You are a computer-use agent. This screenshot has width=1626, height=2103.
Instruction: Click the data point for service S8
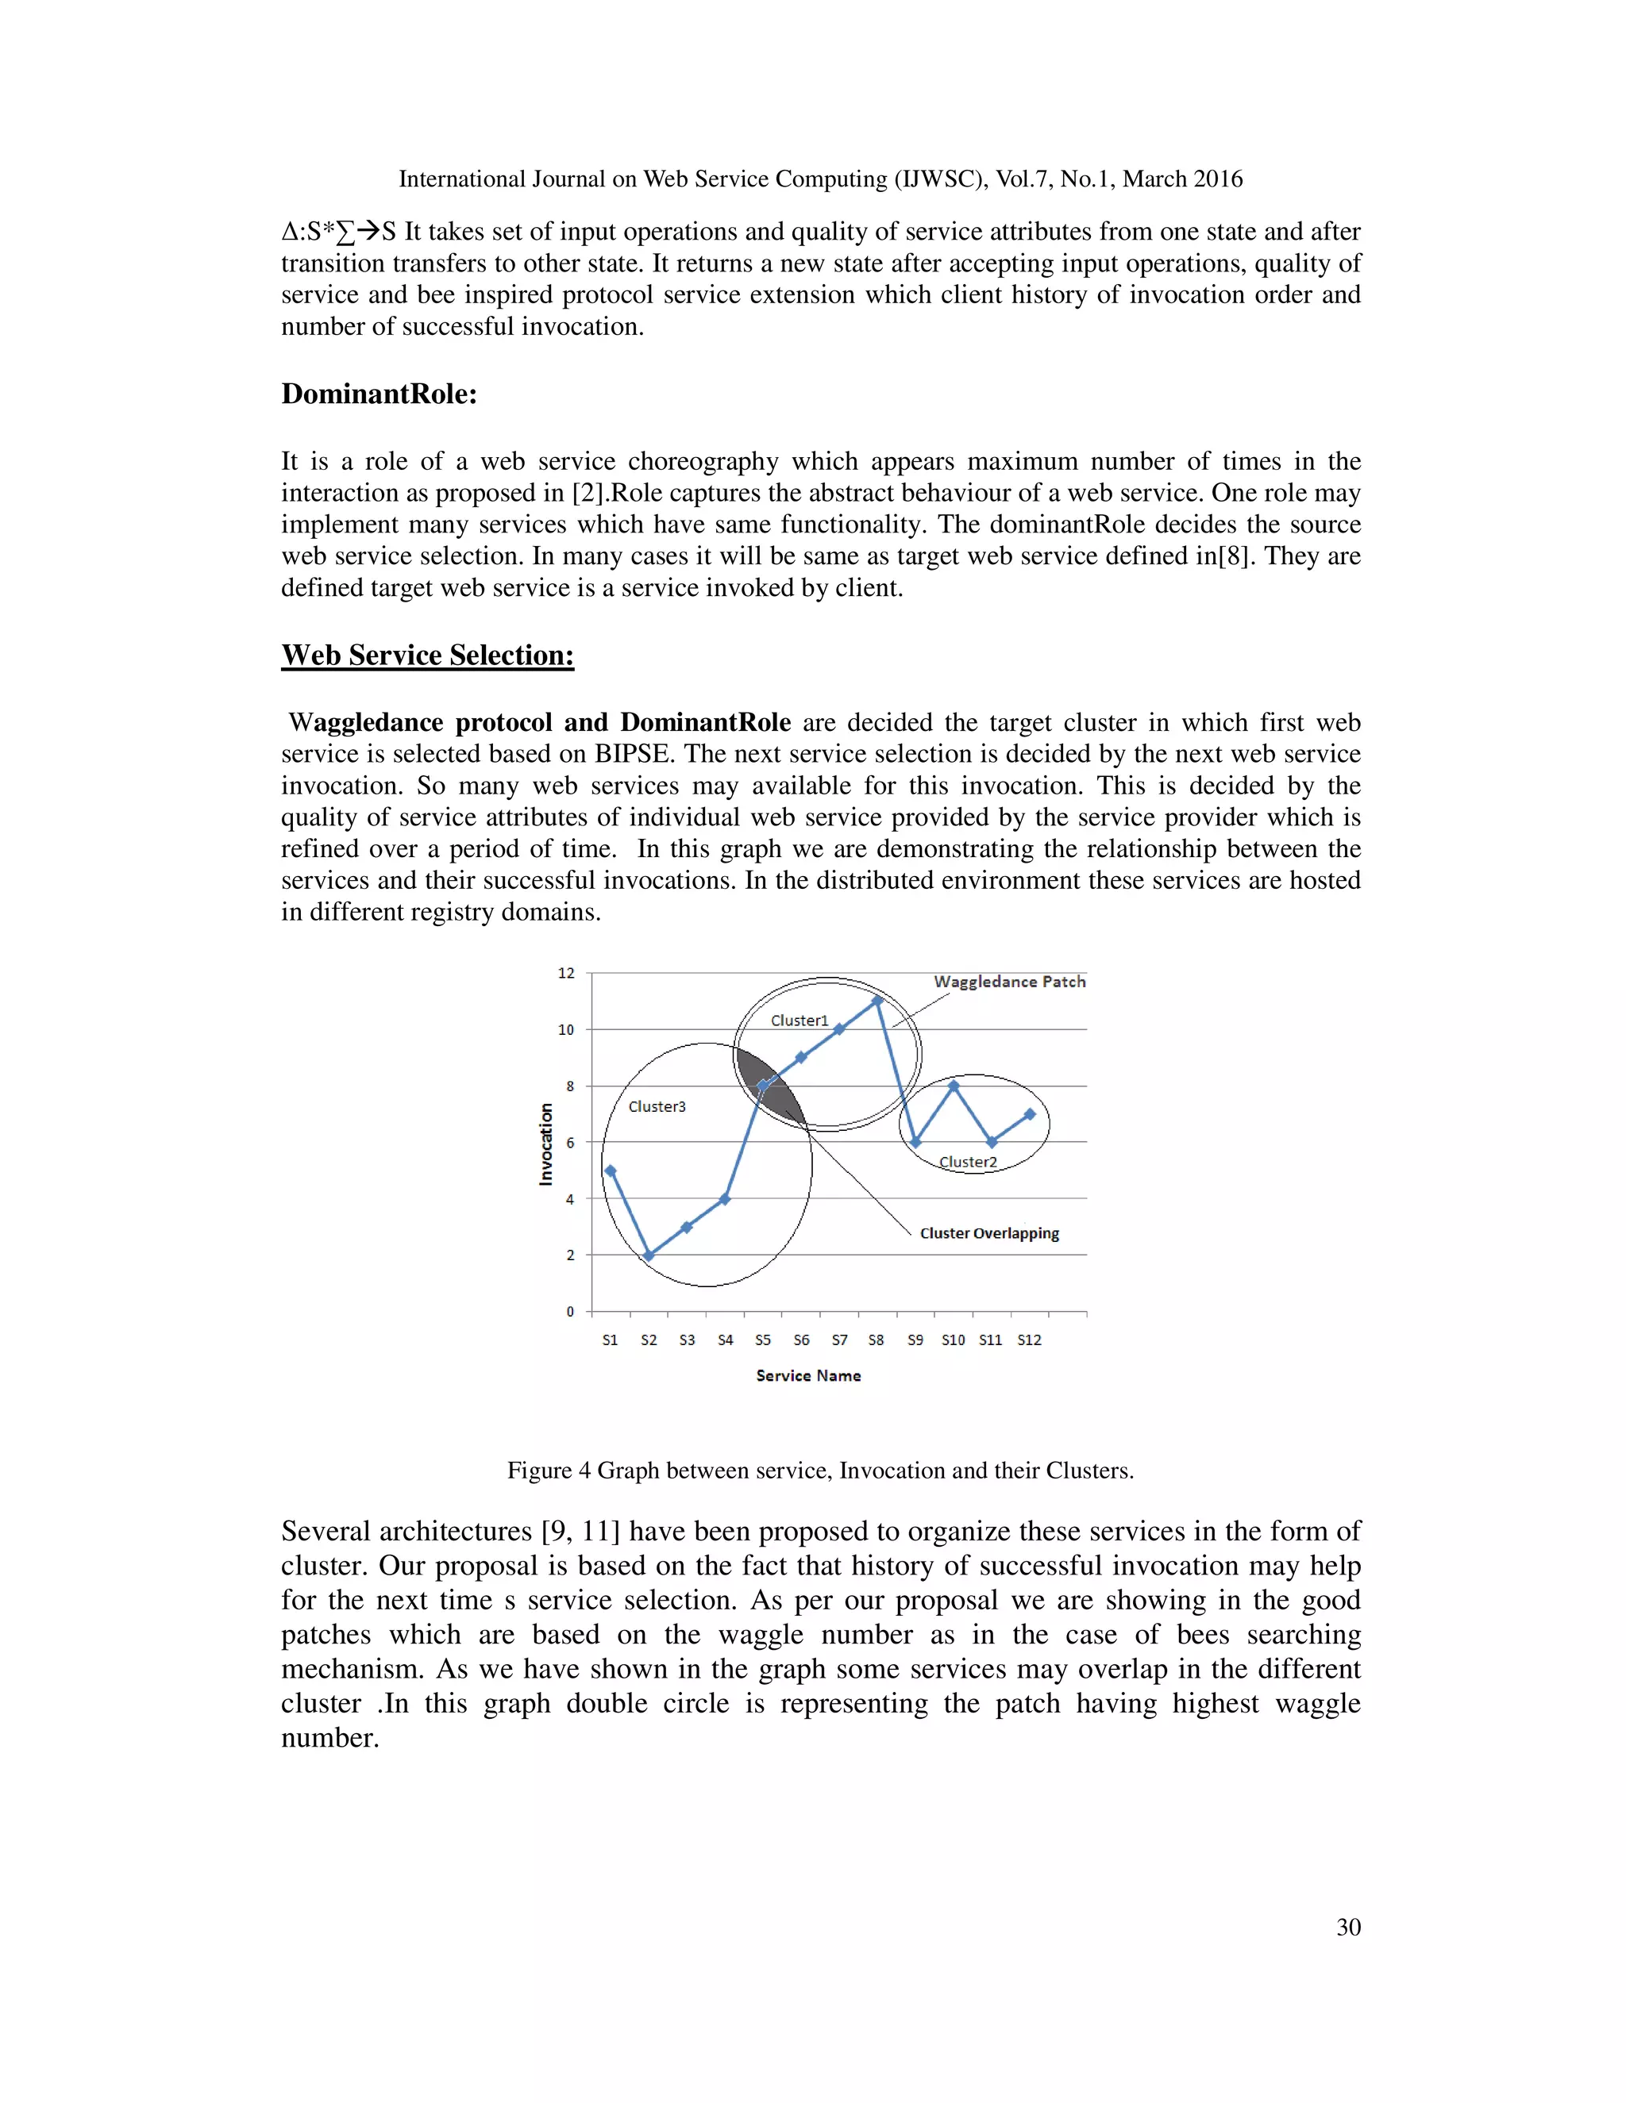tap(877, 1001)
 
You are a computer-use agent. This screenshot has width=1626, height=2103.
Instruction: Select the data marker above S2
tap(649, 1255)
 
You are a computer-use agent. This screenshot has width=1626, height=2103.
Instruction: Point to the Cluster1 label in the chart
tap(800, 1021)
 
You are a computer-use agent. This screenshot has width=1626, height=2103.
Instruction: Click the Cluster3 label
tap(657, 1106)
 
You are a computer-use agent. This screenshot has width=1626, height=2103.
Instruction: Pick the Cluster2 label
tap(968, 1163)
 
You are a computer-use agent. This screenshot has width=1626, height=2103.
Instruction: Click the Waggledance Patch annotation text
tap(1010, 981)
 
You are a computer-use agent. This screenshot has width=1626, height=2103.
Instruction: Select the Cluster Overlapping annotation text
tap(989, 1233)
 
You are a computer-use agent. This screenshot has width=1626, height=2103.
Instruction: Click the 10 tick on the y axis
tap(565, 1029)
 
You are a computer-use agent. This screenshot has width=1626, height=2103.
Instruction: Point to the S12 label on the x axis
tap(1030, 1340)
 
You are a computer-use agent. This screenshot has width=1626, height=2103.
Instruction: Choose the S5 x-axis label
tap(763, 1340)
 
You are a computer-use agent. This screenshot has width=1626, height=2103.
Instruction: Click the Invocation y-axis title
tap(546, 1144)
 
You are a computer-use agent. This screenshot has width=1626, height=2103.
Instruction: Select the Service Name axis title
tap(808, 1376)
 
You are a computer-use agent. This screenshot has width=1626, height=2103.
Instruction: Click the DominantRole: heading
tap(380, 394)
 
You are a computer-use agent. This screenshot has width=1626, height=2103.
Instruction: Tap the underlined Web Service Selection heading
tap(428, 655)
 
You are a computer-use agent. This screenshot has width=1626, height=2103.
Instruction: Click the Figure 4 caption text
tap(819, 1471)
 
